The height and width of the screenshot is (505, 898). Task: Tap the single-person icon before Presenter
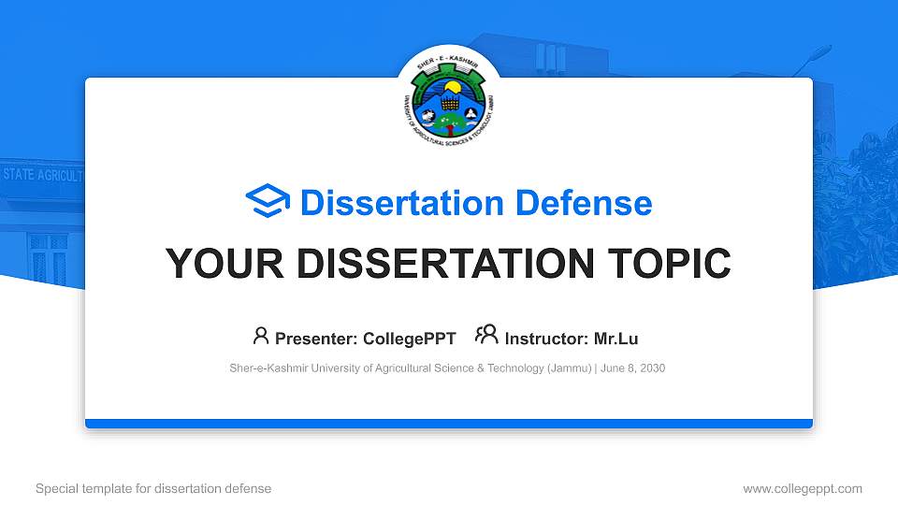click(x=261, y=336)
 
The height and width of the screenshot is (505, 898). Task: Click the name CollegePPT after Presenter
click(x=410, y=339)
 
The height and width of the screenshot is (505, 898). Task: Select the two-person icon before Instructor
click(x=486, y=336)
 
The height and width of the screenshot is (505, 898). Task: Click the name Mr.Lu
click(x=616, y=339)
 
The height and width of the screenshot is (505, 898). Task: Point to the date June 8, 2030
click(x=633, y=368)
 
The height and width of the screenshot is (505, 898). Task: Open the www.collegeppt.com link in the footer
click(x=803, y=488)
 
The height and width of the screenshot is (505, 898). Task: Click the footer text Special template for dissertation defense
click(x=153, y=488)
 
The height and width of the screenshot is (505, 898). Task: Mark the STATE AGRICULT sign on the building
click(x=42, y=175)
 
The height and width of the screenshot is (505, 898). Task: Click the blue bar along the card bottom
click(x=449, y=424)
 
